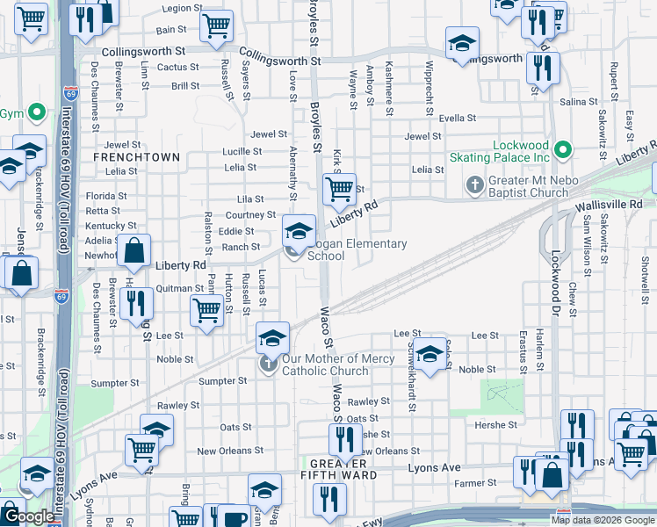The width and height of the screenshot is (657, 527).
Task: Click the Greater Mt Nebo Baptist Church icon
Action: (475, 186)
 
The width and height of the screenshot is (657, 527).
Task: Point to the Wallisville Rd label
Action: (610, 204)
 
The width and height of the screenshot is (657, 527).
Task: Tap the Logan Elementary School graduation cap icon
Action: (299, 231)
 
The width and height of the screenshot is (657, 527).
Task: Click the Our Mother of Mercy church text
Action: (325, 365)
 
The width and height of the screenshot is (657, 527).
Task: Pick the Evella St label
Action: (457, 118)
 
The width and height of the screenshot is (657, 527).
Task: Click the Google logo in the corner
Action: (28, 516)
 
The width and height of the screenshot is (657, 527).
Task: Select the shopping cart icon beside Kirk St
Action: (339, 188)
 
